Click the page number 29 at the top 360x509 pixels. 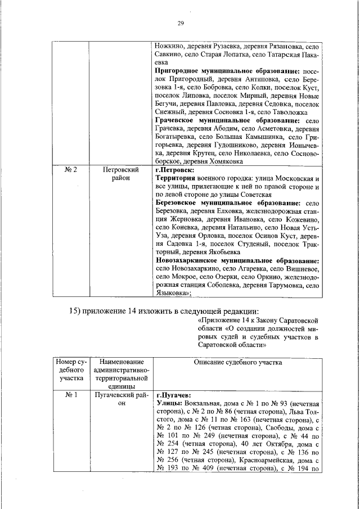click(x=181, y=22)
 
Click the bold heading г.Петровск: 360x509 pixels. click(x=175, y=169)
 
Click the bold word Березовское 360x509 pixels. click(x=178, y=202)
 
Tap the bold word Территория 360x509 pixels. click(x=175, y=178)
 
